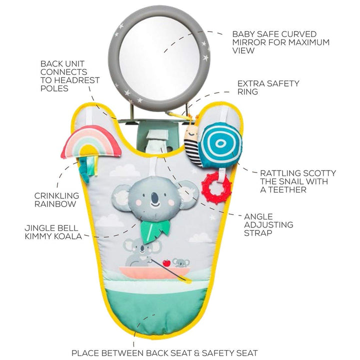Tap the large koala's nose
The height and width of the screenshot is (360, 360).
pos(155,197)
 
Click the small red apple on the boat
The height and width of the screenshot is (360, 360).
pos(166,262)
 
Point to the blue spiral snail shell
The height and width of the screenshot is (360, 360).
pos(221,144)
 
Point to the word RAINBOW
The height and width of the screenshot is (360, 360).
pos(55,204)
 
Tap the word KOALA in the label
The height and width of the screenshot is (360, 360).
pos(67,236)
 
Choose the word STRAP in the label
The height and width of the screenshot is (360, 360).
pos(258,233)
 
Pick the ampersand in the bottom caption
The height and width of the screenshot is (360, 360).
pos(196,353)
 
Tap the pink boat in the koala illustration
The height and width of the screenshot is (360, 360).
pos(155,273)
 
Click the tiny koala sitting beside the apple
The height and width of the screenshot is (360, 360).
pos(181,263)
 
